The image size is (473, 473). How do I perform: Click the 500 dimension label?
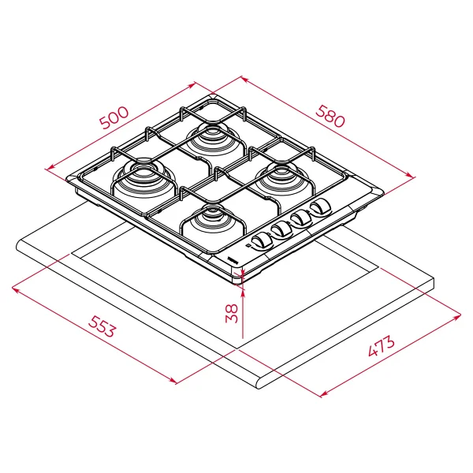(x=114, y=117)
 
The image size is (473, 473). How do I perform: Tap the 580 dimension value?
(x=330, y=116)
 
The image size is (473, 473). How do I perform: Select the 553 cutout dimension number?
(x=102, y=326)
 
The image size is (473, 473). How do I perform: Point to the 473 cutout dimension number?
(x=381, y=345)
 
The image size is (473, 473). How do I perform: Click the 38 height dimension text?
(x=232, y=314)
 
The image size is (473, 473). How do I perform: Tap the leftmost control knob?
(x=261, y=240)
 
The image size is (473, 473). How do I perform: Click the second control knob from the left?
(x=281, y=229)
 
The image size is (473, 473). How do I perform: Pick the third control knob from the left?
(x=301, y=218)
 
